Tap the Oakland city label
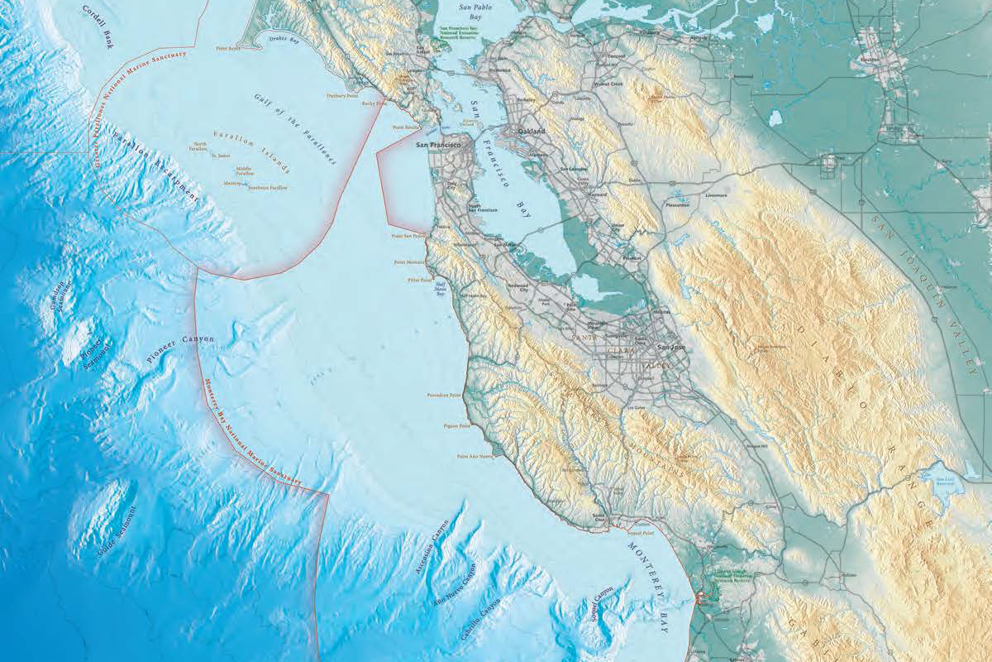(x=532, y=132)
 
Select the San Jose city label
(x=670, y=348)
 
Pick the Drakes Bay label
(x=284, y=39)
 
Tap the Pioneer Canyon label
(x=180, y=350)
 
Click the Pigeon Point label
(x=457, y=426)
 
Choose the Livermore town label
(x=716, y=195)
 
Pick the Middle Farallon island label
(x=245, y=171)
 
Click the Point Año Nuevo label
(x=475, y=456)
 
